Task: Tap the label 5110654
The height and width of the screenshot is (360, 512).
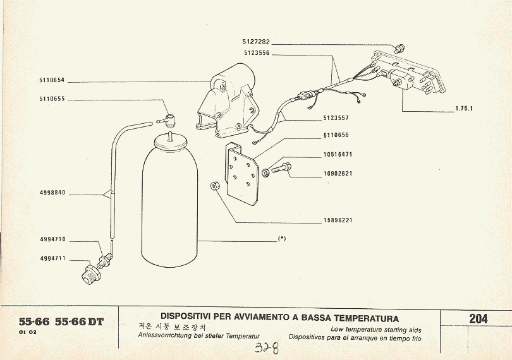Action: point(52,80)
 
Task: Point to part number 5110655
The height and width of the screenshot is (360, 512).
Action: point(52,99)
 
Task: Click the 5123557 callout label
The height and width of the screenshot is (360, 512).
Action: point(336,118)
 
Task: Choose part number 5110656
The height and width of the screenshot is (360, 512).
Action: point(336,135)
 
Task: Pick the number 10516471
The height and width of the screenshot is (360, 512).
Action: point(337,154)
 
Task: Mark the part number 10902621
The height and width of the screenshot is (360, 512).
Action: point(337,173)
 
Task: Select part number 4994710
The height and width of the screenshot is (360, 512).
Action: point(52,239)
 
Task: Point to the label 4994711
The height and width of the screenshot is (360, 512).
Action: point(52,258)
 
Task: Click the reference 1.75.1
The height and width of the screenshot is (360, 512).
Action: point(464,109)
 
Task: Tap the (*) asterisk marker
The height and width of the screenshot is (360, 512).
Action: point(282,239)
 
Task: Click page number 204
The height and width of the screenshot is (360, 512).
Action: point(478,318)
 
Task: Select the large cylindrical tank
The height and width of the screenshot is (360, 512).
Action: point(169,208)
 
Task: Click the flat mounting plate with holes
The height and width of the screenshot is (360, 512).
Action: point(243,173)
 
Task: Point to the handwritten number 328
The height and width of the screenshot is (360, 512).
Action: point(267,348)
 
